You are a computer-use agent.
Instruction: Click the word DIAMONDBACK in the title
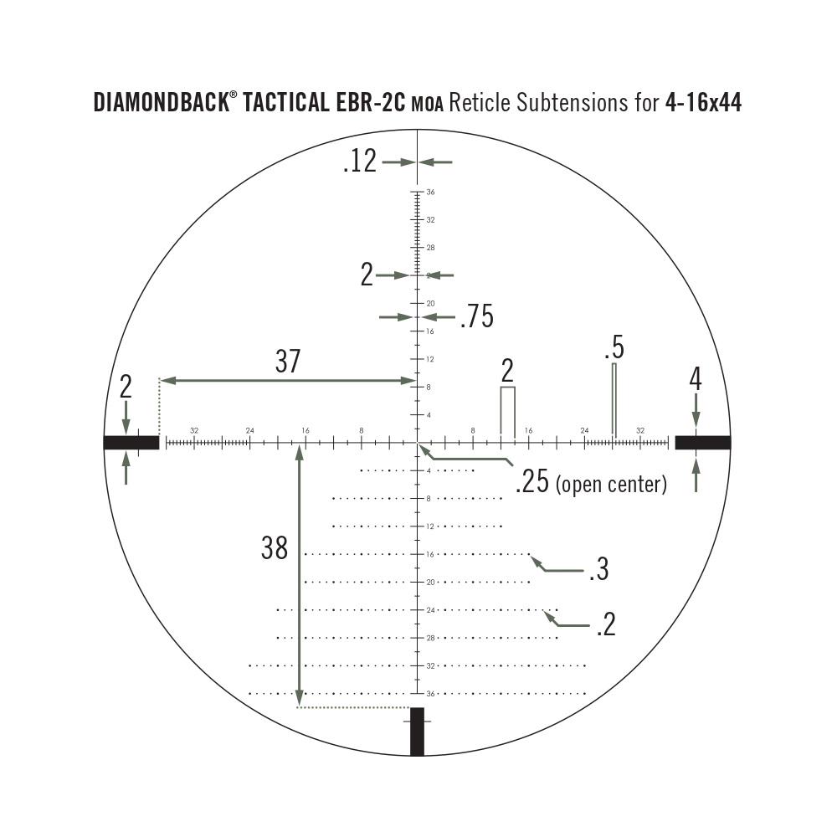pyautogui.click(x=160, y=103)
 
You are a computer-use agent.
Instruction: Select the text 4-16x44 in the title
pyautogui.click(x=703, y=103)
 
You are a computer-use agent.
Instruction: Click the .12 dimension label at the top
pyautogui.click(x=360, y=162)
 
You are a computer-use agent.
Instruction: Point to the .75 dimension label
pyautogui.click(x=476, y=317)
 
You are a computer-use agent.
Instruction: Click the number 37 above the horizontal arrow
pyautogui.click(x=287, y=362)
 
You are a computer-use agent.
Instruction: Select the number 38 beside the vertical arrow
pyautogui.click(x=275, y=548)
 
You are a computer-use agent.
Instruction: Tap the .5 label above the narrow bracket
pyautogui.click(x=614, y=347)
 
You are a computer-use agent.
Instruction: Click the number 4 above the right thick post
pyautogui.click(x=695, y=379)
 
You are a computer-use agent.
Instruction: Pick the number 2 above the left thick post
pyautogui.click(x=126, y=386)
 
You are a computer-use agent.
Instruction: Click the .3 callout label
pyautogui.click(x=598, y=570)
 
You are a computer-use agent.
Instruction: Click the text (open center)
pyautogui.click(x=611, y=484)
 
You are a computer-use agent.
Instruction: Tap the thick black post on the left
pyautogui.click(x=131, y=443)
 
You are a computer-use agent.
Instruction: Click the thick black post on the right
pyautogui.click(x=703, y=443)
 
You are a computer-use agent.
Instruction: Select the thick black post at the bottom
pyautogui.click(x=417, y=732)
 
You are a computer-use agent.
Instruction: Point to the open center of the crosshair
pyautogui.click(x=417, y=443)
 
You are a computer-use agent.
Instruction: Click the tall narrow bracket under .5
pyautogui.click(x=614, y=399)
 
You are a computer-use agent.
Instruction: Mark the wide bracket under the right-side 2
pyautogui.click(x=507, y=410)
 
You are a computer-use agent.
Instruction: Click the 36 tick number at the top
pyautogui.click(x=430, y=192)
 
